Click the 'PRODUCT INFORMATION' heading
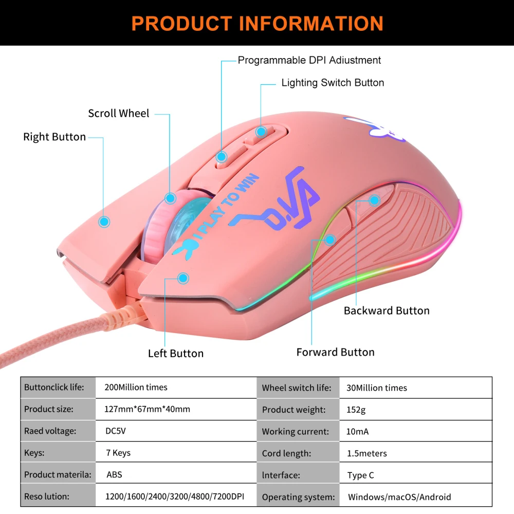pyautogui.click(x=257, y=23)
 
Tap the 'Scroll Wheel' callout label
pyautogui.click(x=118, y=114)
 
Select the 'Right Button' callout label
pyautogui.click(x=54, y=137)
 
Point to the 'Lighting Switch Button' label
pyautogui.click(x=333, y=83)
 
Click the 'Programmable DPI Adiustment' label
pyautogui.click(x=309, y=60)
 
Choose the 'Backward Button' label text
pyautogui.click(x=387, y=310)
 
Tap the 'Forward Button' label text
pyautogui.click(x=335, y=352)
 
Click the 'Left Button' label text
pyautogui.click(x=176, y=353)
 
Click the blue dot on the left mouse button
pyautogui.click(x=182, y=278)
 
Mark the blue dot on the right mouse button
pyautogui.click(x=104, y=222)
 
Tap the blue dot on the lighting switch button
pyautogui.click(x=261, y=132)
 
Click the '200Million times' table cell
pyautogui.click(x=136, y=388)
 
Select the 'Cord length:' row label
pyautogui.click(x=286, y=453)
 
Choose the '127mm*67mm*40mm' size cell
pyautogui.click(x=147, y=410)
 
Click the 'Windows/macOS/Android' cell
pyautogui.click(x=399, y=497)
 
